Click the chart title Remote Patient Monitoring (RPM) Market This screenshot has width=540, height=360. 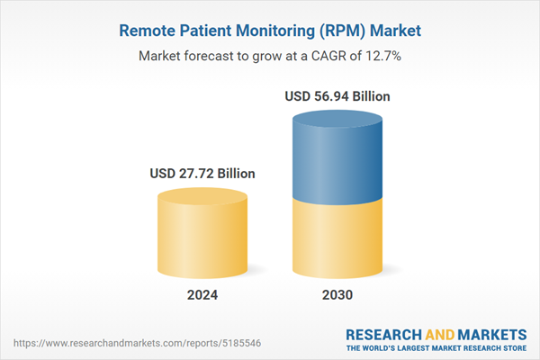[270, 31]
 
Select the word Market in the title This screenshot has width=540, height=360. [393, 31]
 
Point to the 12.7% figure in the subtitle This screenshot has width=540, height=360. [382, 56]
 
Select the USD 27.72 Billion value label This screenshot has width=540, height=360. [202, 173]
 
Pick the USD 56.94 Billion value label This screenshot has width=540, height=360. [337, 96]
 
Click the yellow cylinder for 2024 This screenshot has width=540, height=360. [202, 234]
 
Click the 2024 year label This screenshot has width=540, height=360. [202, 294]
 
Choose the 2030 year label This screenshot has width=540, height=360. [337, 294]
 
